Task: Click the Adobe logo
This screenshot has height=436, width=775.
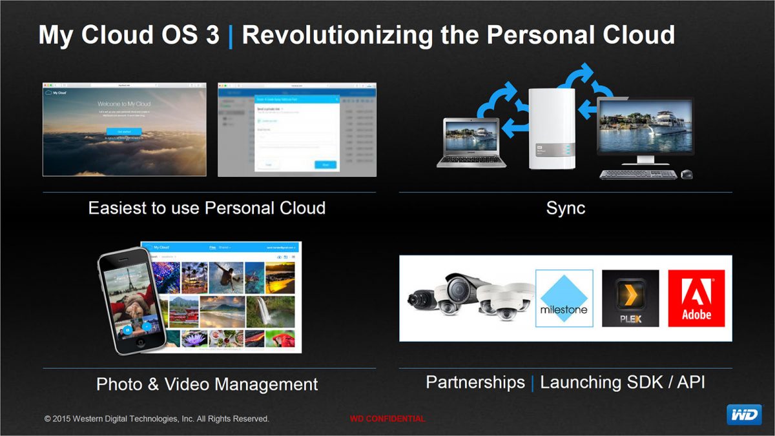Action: coord(696,298)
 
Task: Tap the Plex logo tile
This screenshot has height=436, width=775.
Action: coord(630,298)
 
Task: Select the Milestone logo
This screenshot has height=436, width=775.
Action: coord(564,298)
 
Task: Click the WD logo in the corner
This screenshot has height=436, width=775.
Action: coord(744,415)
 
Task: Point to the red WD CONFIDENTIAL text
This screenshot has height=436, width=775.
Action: coord(387,419)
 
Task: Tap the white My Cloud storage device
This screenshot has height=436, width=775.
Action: coord(551,129)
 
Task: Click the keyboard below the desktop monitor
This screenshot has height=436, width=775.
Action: coord(637,175)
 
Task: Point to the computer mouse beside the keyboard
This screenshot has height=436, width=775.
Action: coord(687,174)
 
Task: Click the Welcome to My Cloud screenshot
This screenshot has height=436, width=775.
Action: coord(125,129)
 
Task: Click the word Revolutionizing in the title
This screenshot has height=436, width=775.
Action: coord(324,35)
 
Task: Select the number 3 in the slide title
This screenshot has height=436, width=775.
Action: coord(212,35)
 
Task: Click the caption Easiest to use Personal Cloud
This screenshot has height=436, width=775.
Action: coord(207,208)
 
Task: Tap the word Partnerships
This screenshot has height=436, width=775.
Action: coord(475,382)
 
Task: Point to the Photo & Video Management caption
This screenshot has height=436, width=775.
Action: coord(207,384)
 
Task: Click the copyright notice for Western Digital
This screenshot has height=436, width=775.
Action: coord(157,419)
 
